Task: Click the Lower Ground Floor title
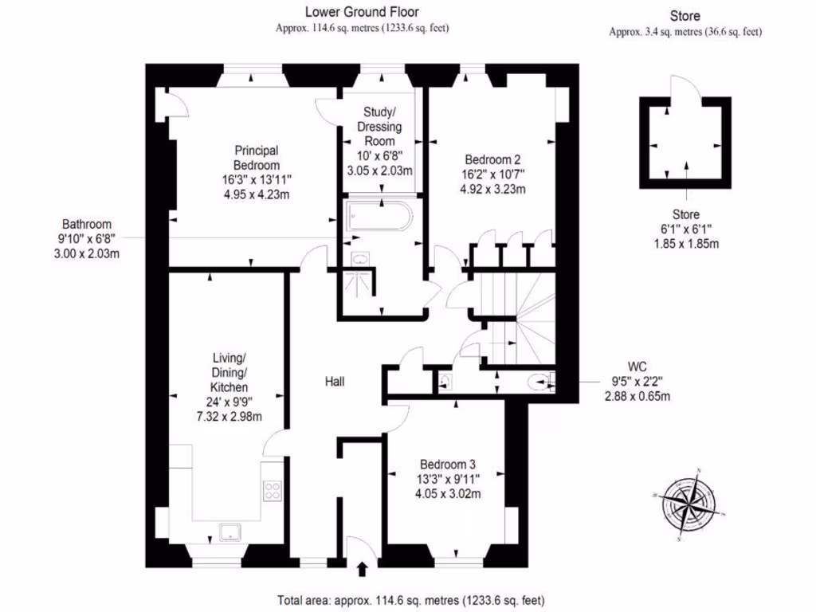coord(363,12)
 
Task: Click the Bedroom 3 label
coord(448,465)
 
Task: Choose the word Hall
coord(335,382)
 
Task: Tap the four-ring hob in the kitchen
coord(273,491)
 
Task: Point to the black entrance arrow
coord(363,569)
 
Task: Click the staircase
coord(518,319)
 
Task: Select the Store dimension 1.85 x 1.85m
coord(685,243)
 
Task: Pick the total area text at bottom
coord(410,600)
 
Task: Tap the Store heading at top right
coord(685,15)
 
